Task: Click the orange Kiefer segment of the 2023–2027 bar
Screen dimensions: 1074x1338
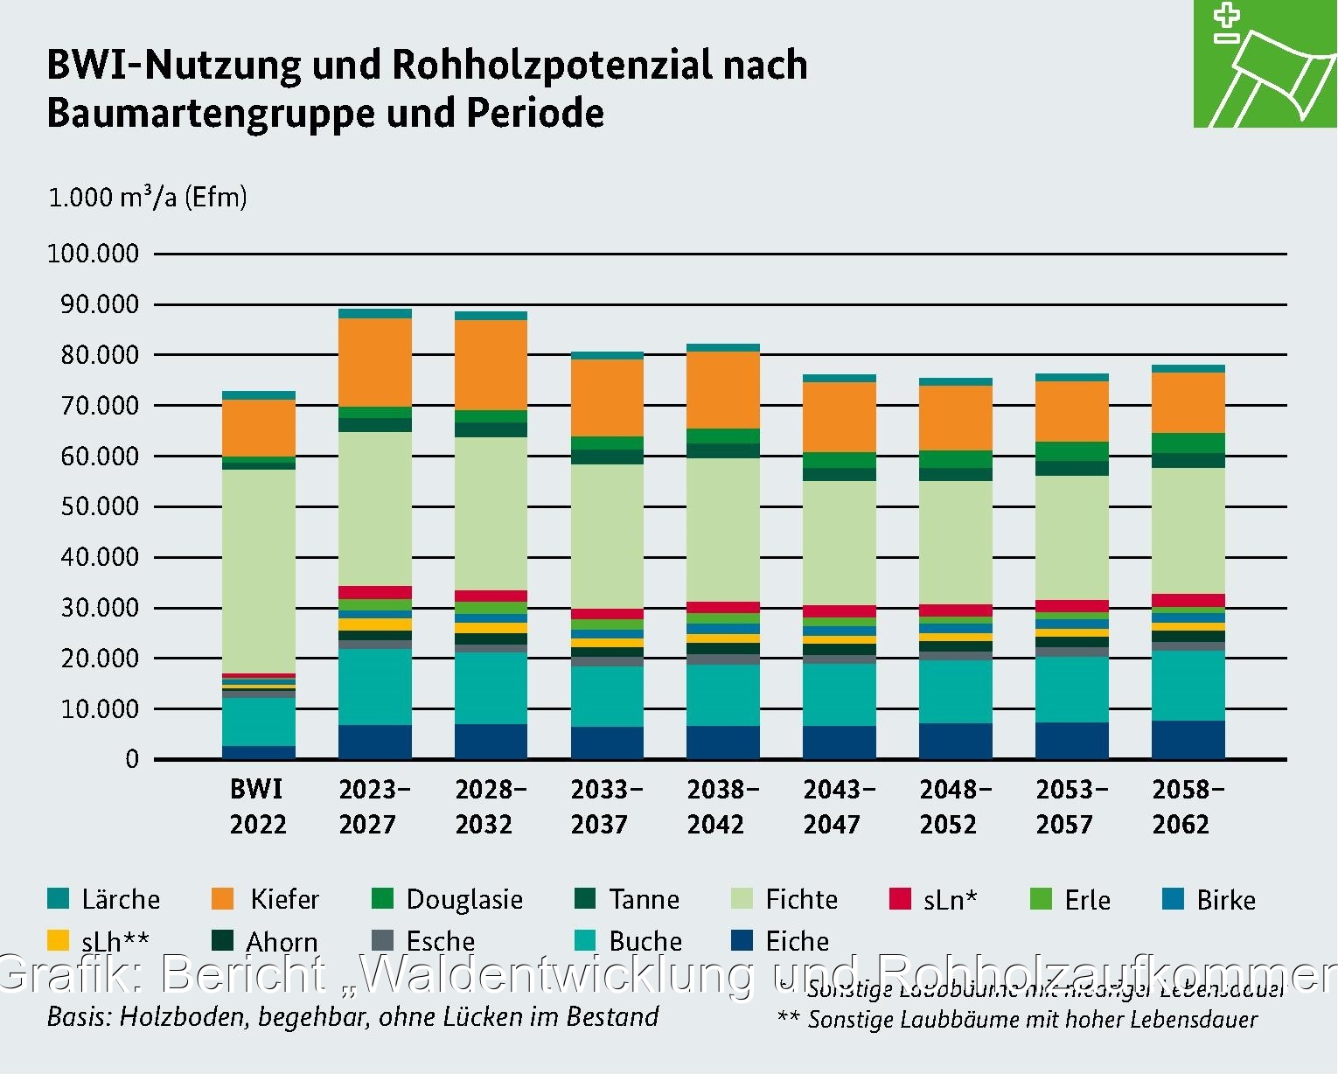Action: pyautogui.click(x=374, y=362)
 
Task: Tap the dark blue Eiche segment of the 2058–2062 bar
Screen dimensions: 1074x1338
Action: pyautogui.click(x=1188, y=740)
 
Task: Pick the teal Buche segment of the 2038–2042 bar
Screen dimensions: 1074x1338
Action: pyautogui.click(x=722, y=695)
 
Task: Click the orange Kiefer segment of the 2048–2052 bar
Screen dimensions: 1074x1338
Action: pyautogui.click(x=955, y=418)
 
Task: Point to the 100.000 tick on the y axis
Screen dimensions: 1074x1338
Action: pyautogui.click(x=93, y=254)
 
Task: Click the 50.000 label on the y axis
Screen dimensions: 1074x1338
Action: pyautogui.click(x=99, y=506)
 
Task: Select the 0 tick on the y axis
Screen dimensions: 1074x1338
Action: pyautogui.click(x=132, y=759)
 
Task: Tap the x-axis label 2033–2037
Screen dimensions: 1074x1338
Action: pyautogui.click(x=606, y=806)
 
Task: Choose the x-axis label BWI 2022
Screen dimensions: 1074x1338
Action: pyautogui.click(x=257, y=806)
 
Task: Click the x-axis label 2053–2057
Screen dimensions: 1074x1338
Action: pyautogui.click(x=1071, y=806)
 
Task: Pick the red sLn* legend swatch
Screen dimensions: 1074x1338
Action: pyautogui.click(x=900, y=899)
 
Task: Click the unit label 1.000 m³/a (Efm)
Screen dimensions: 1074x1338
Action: pyautogui.click(x=147, y=197)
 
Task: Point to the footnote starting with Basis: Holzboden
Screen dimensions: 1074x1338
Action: pyautogui.click(x=352, y=1016)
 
